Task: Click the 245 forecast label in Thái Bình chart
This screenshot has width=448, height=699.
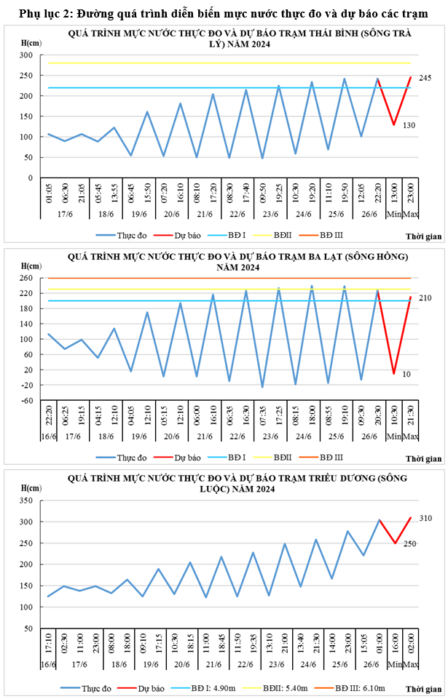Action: pos(425,78)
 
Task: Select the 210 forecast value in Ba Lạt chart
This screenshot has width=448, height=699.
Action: pos(425,298)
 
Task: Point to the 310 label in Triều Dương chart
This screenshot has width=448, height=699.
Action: pos(425,518)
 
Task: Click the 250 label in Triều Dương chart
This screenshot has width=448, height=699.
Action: pos(409,543)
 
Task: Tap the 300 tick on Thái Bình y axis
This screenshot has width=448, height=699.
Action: pos(26,55)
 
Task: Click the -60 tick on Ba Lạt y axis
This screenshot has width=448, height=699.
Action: pos(26,400)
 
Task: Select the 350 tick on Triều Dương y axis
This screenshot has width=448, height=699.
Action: pos(26,501)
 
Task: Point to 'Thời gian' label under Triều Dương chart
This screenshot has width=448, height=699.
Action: pos(424,688)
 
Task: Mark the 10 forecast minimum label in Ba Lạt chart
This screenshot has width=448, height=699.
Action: pos(407,374)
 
